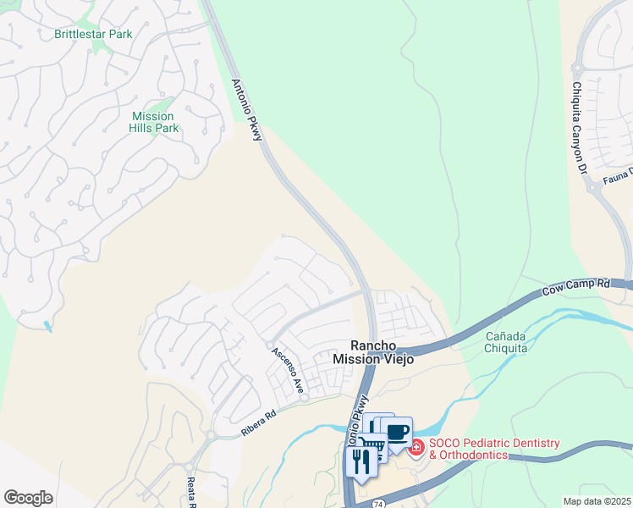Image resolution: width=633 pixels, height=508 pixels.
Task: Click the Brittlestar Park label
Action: tap(93, 35)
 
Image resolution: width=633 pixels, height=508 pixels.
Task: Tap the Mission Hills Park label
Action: tap(153, 122)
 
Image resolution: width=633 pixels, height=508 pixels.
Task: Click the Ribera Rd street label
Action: tap(258, 423)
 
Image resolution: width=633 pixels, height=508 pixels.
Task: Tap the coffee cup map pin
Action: tap(397, 433)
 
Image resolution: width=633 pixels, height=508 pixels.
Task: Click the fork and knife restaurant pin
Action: tap(361, 461)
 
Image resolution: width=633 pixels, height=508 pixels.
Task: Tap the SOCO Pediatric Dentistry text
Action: tap(494, 444)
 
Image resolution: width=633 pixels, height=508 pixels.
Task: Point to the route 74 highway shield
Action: tap(377, 503)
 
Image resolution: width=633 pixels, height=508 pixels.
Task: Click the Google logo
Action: tap(28, 498)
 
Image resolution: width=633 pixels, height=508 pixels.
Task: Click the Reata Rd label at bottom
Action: tap(190, 494)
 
